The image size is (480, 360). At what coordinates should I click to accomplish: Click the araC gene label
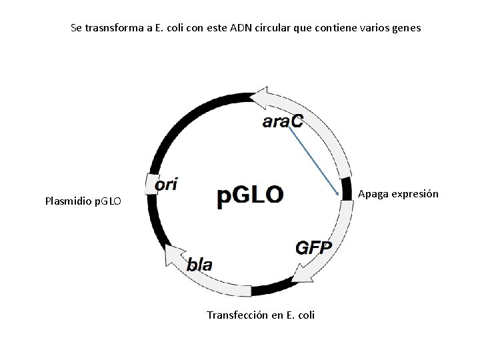click(x=282, y=121)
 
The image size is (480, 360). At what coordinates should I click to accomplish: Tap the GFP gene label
click(x=313, y=247)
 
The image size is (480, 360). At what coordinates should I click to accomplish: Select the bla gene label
click(x=199, y=265)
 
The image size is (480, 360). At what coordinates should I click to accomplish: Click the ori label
click(x=166, y=185)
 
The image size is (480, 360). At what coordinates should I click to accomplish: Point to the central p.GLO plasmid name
click(x=250, y=197)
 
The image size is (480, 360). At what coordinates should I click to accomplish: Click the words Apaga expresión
click(x=398, y=194)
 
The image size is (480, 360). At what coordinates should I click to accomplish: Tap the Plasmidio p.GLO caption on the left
click(x=83, y=200)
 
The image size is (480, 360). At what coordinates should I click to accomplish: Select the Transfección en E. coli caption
click(x=261, y=314)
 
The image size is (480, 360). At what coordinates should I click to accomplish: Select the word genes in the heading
click(x=407, y=29)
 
